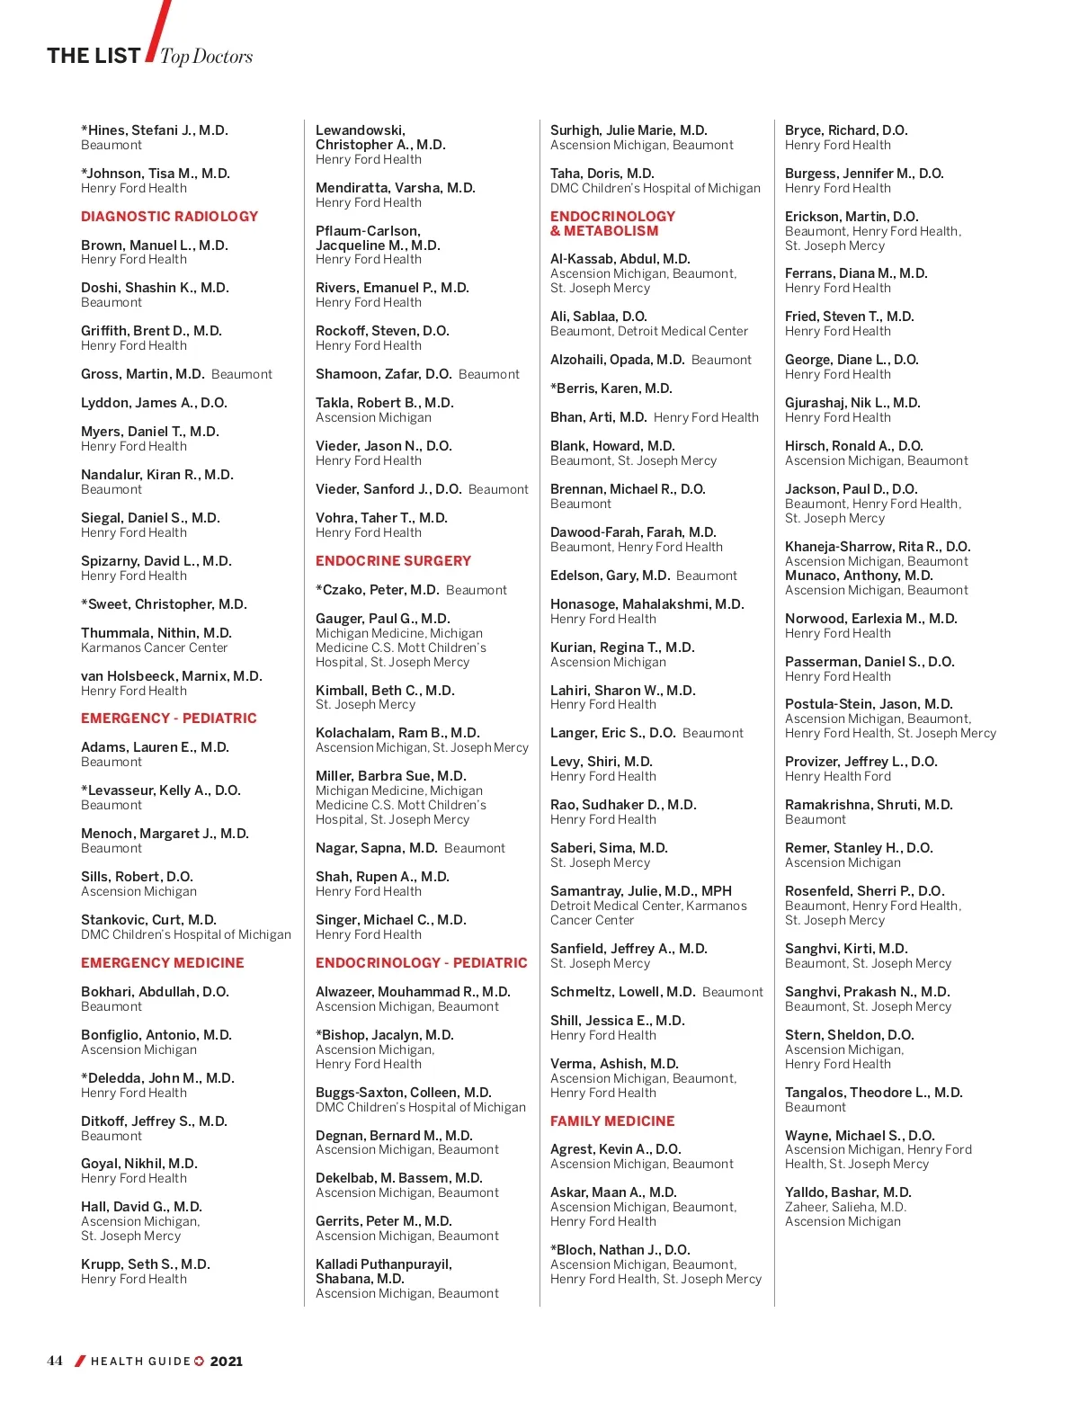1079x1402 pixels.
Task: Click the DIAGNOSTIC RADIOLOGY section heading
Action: point(169,217)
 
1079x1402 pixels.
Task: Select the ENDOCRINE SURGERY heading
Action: point(393,561)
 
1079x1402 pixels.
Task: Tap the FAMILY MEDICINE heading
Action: point(612,1121)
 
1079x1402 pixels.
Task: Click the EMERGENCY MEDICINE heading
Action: point(162,963)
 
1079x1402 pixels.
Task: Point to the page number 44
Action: point(55,1361)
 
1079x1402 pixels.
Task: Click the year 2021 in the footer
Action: point(227,1362)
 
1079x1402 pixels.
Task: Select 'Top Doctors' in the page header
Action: point(206,57)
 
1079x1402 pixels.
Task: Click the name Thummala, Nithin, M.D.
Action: point(156,633)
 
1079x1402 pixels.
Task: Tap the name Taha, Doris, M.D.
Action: point(602,174)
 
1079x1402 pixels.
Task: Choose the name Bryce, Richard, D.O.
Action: point(845,130)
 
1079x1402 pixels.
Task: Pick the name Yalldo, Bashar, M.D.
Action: point(847,1192)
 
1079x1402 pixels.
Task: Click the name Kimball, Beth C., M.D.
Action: point(385,691)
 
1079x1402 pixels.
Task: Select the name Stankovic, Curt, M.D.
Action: point(148,920)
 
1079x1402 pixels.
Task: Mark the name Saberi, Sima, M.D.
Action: point(609,848)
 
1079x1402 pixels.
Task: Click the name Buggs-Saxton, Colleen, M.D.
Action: point(403,1093)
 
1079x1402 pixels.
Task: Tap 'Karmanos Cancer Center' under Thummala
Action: point(154,647)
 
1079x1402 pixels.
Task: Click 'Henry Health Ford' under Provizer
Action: point(837,776)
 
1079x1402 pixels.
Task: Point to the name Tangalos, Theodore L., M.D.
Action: point(873,1093)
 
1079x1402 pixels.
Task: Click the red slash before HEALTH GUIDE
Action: point(80,1362)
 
